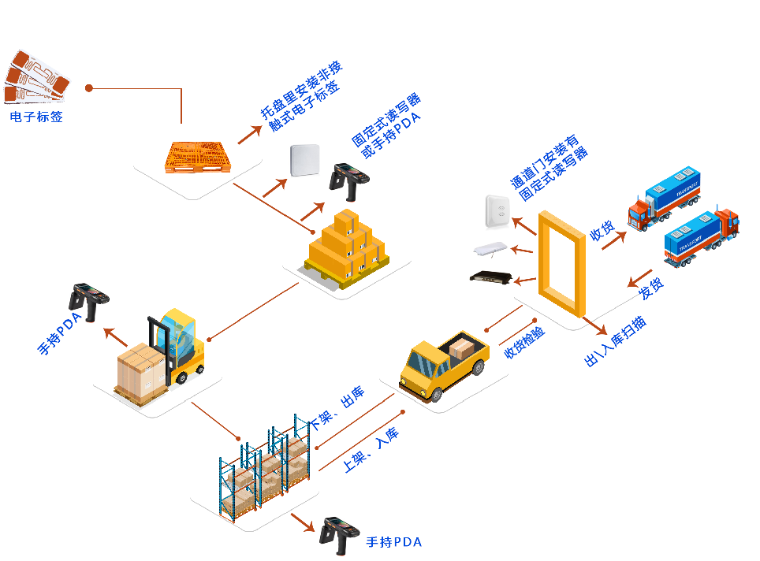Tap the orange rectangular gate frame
(x=562, y=263)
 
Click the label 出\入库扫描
(x=616, y=343)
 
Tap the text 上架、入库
(x=371, y=450)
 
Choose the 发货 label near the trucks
(x=651, y=289)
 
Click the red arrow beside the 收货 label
(x=613, y=240)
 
